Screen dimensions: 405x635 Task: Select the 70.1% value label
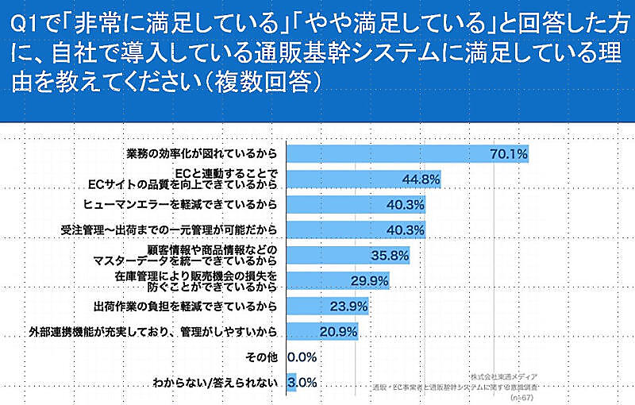pos(509,153)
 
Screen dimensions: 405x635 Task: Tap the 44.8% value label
pos(421,179)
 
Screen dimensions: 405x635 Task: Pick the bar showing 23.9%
pos(317,305)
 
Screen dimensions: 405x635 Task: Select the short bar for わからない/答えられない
pos(291,382)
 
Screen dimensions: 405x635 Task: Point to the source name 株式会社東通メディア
pos(502,374)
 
